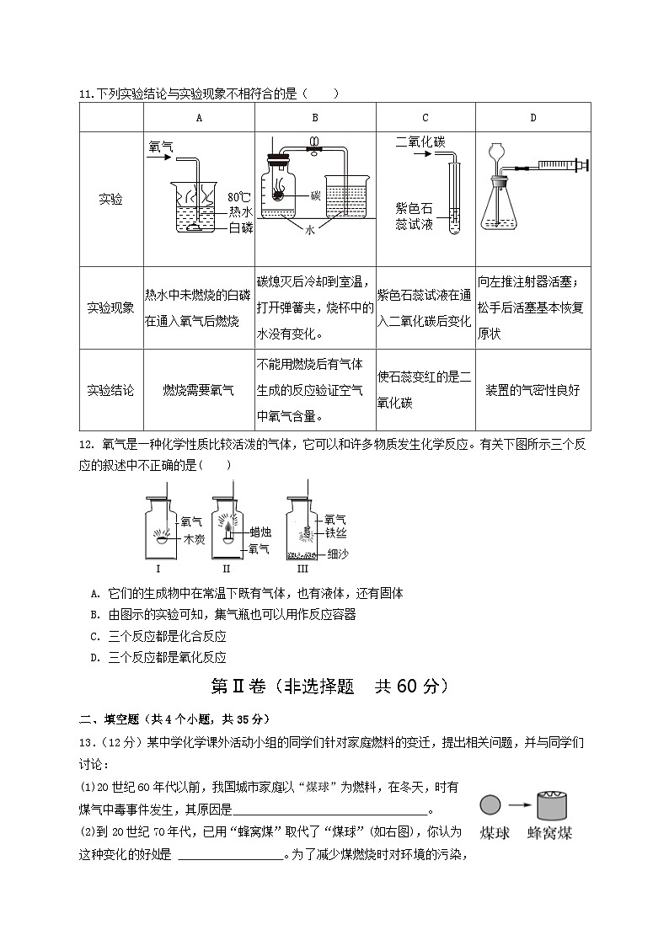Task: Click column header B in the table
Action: pos(314,118)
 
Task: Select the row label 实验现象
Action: pos(110,307)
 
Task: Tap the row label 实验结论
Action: pos(110,390)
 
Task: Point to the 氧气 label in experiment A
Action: pos(161,146)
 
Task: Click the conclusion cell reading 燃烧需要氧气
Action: pos(198,390)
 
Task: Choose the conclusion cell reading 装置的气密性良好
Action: pos(533,390)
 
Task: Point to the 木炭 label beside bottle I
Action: pos(194,539)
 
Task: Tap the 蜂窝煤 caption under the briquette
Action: pos(549,833)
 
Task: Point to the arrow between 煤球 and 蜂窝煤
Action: pos(517,805)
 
